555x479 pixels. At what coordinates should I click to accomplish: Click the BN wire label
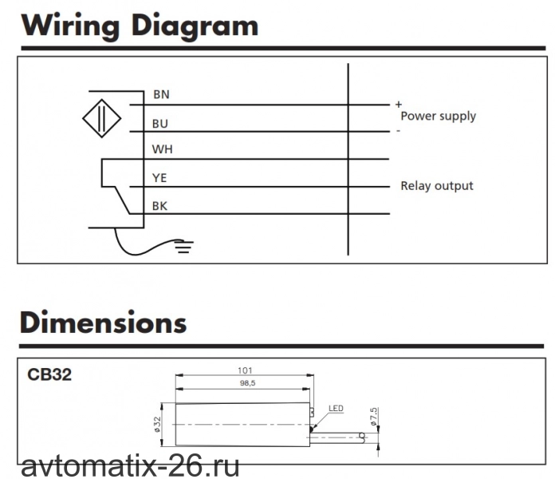tap(161, 94)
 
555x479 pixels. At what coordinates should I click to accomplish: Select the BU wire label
tap(160, 124)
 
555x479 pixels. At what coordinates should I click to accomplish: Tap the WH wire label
tap(163, 149)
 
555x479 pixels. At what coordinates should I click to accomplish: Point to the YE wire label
tap(159, 177)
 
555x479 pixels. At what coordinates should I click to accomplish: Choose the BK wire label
tap(159, 206)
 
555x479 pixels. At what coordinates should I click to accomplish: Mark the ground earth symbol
tap(183, 247)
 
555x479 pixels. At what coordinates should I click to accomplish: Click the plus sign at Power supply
tap(399, 104)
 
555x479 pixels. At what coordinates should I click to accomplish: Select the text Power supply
tap(439, 117)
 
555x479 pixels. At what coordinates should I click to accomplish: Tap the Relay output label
tap(437, 186)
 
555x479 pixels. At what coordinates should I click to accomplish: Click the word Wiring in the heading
tap(70, 26)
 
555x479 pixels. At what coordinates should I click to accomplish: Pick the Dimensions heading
tap(104, 322)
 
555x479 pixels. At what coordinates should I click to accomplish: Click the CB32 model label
tap(49, 374)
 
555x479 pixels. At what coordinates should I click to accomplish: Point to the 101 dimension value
tap(245, 370)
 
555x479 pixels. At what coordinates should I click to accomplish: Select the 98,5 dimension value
tap(247, 383)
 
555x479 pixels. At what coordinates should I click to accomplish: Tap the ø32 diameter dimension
tap(157, 424)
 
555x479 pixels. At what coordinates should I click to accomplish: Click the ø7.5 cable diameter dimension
tap(373, 416)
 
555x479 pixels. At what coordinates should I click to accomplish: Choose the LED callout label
tap(336, 408)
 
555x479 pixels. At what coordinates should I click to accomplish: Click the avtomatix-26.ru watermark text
tap(130, 466)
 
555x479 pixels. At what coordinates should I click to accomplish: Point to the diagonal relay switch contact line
tap(123, 200)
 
